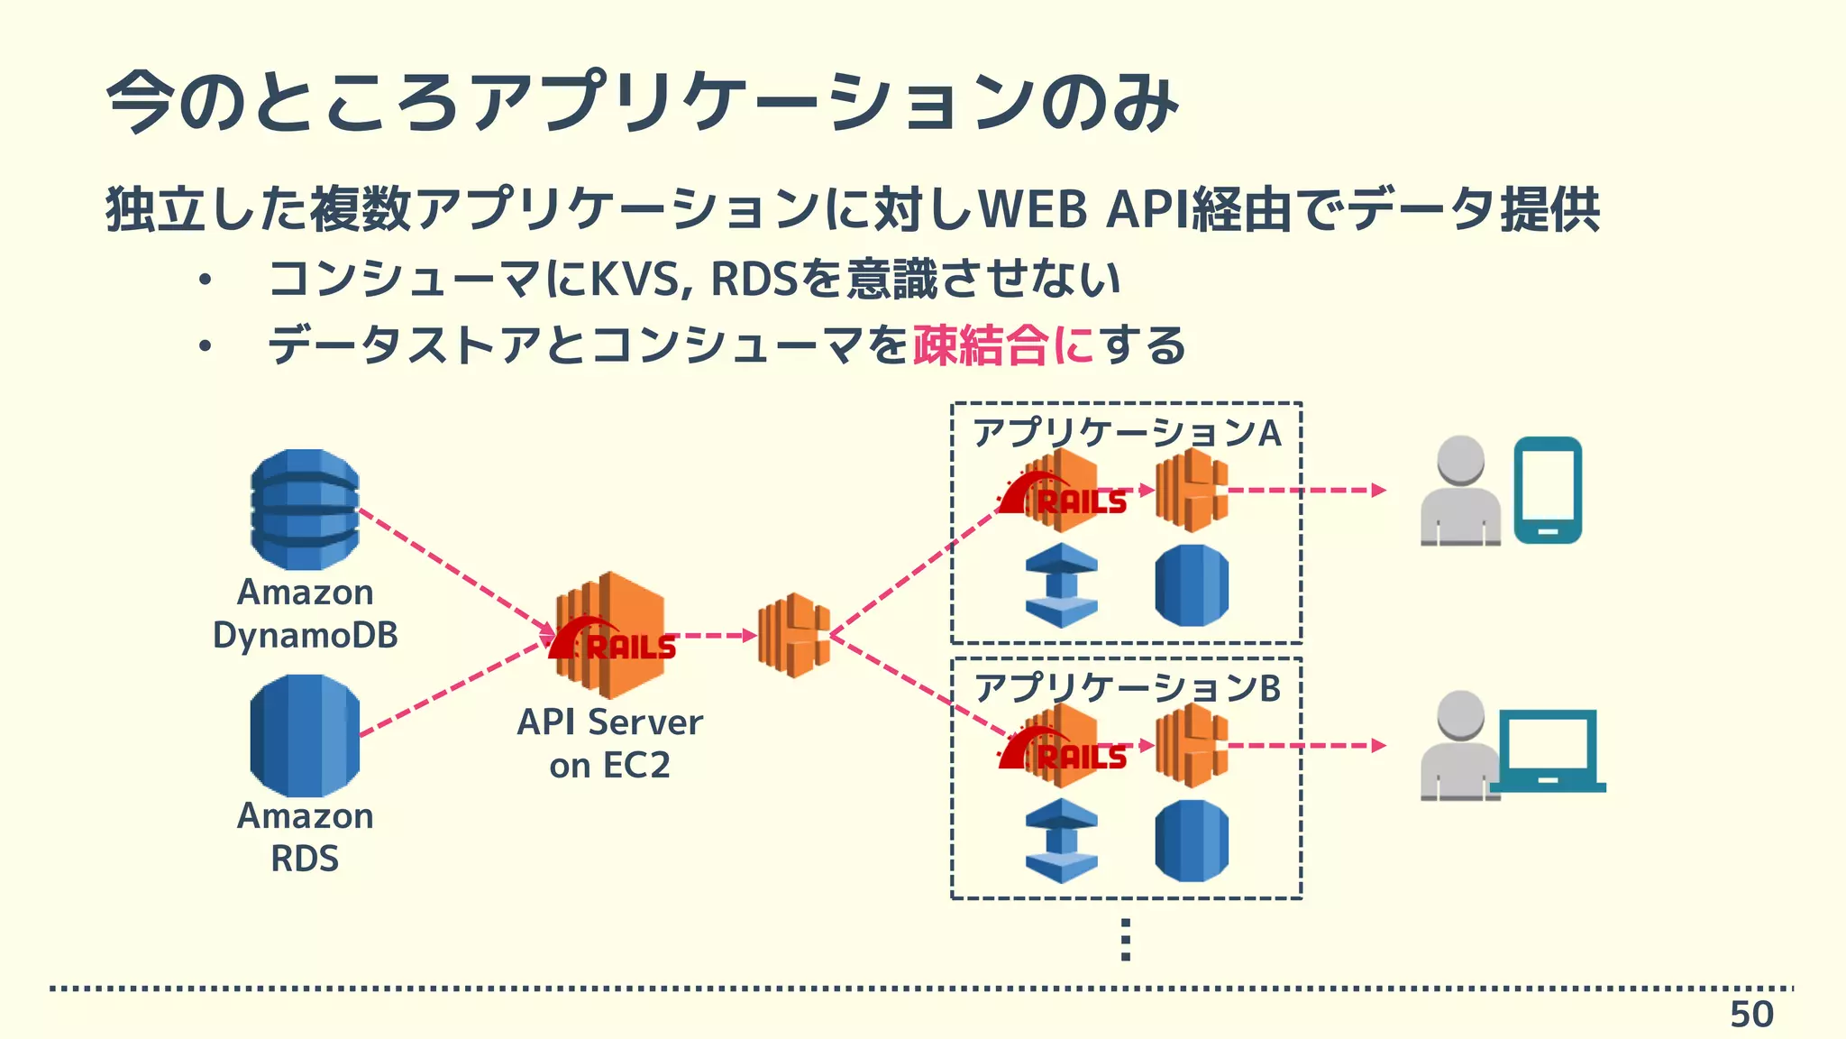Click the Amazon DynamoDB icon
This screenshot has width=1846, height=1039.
point(305,510)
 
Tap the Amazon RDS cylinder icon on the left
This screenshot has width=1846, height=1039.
point(305,735)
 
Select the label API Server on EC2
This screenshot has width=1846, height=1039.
point(609,743)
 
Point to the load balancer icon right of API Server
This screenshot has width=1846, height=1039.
point(793,635)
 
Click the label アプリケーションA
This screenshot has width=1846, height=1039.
point(1127,433)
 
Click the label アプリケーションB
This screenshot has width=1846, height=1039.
point(1127,688)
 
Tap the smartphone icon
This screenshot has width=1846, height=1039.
point(1548,490)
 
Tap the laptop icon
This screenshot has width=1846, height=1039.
point(1548,750)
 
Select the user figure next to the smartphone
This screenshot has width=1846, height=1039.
point(1460,492)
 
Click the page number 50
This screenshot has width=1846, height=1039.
point(1750,1015)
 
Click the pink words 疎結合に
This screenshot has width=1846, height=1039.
point(1003,345)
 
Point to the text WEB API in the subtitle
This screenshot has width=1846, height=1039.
point(1082,209)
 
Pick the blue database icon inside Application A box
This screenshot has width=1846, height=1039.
point(1192,585)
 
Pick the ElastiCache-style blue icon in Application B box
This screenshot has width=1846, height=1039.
point(1062,841)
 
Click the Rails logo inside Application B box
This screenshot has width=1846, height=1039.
point(1064,750)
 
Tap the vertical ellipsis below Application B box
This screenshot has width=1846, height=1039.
point(1125,940)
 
